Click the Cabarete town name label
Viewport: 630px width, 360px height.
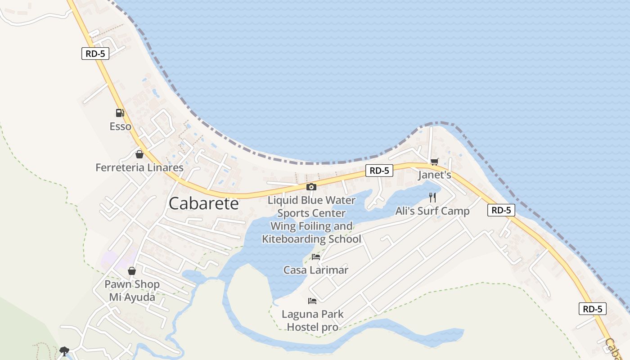click(203, 203)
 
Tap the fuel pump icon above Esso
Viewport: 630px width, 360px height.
click(120, 113)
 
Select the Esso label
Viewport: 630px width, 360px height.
click(121, 126)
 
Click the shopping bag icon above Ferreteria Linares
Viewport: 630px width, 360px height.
click(139, 154)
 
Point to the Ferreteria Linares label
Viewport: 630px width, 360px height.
click(139, 168)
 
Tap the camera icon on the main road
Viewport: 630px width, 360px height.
click(311, 187)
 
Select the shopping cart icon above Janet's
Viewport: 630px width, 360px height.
click(434, 162)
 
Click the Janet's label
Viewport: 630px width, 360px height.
click(434, 175)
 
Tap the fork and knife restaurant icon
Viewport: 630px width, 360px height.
click(432, 198)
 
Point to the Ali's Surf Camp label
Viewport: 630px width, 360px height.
click(432, 211)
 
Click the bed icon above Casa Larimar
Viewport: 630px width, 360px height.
click(316, 257)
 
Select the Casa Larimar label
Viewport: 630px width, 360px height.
click(316, 270)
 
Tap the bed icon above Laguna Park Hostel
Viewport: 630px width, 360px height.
click(312, 301)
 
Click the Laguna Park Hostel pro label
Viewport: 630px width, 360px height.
click(312, 320)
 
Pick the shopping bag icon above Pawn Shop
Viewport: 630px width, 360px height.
click(132, 271)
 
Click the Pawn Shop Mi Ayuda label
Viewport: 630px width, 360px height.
click(132, 291)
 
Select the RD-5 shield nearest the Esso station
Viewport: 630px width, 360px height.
click(95, 54)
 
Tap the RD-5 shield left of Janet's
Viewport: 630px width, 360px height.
click(379, 171)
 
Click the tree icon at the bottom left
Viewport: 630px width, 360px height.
click(64, 351)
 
